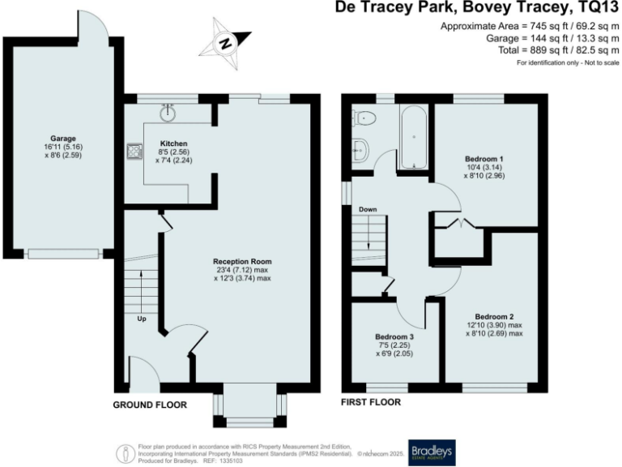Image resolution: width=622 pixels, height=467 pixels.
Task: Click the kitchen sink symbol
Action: click(168, 112)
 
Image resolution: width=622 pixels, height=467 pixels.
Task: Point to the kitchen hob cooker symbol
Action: click(131, 151)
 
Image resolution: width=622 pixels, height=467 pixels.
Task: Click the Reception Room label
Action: click(242, 261)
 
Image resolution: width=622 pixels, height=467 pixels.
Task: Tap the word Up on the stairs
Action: click(141, 318)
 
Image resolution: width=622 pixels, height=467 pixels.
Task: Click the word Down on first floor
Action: click(367, 209)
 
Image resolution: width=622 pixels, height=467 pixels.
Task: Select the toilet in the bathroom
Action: click(364, 118)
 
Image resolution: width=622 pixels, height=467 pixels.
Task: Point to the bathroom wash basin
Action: click(360, 148)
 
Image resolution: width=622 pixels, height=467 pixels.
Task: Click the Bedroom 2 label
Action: click(495, 316)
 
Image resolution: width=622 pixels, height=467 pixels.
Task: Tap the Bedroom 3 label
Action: click(394, 336)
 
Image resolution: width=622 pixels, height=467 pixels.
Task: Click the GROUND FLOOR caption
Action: click(150, 405)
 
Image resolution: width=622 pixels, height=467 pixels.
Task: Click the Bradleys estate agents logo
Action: click(432, 452)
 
